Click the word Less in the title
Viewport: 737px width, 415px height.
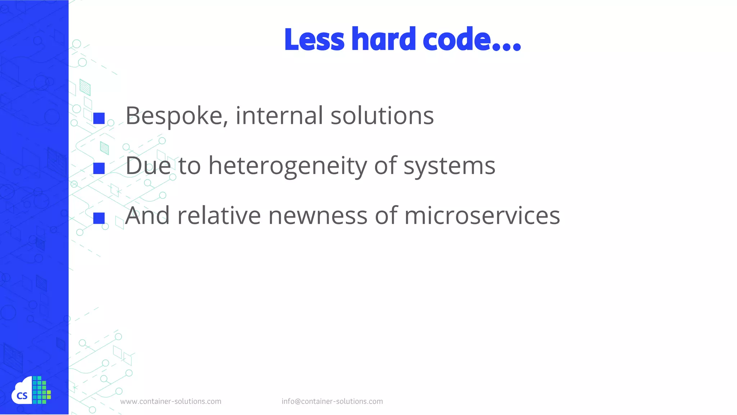pos(314,39)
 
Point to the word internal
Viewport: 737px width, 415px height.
pos(279,116)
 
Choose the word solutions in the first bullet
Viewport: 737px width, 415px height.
pos(382,116)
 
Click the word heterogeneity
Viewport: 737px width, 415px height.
pos(288,166)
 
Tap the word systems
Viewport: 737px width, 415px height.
pos(449,166)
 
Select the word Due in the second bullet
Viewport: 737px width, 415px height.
pos(148,166)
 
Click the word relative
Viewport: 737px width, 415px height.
pos(219,216)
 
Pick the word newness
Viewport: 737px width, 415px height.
pos(318,216)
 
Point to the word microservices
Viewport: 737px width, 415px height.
pos(482,216)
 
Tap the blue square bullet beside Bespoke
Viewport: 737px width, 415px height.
pos(99,119)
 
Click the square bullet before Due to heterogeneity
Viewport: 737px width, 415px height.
pos(99,168)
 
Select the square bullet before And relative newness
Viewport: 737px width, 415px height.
pos(99,218)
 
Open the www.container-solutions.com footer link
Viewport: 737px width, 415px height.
pos(171,401)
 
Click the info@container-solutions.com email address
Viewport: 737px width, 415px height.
pos(332,401)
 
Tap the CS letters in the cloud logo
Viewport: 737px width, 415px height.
pos(22,396)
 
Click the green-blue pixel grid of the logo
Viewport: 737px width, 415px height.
pos(41,390)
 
